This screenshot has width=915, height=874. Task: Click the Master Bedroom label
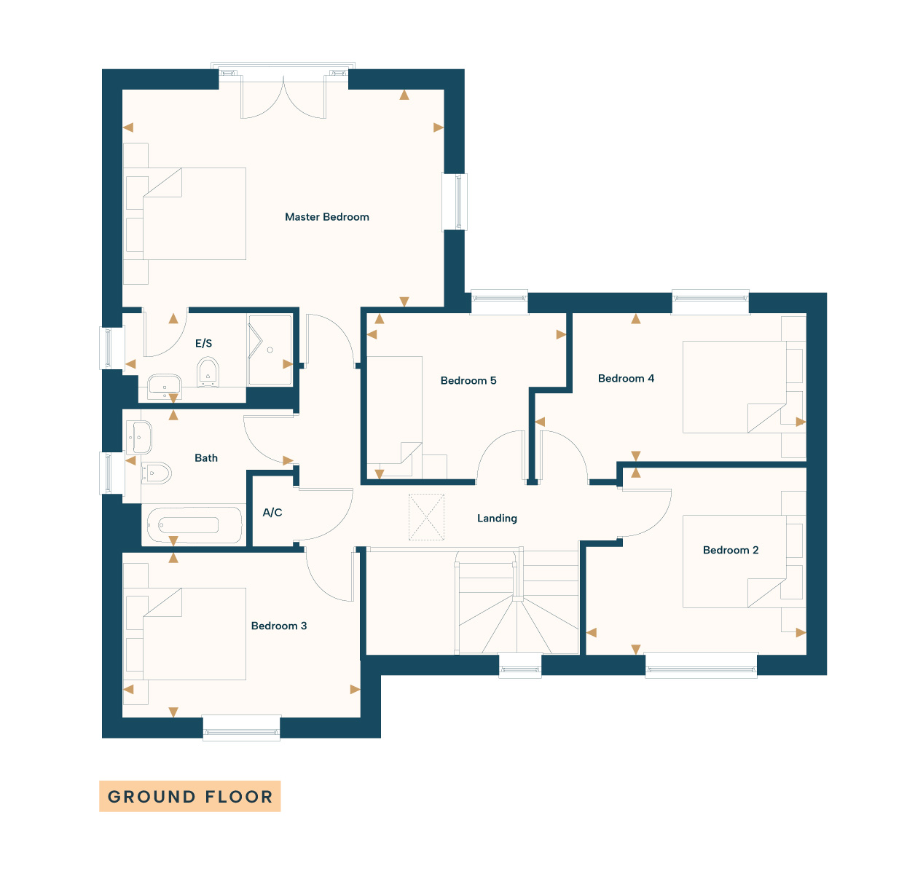327,217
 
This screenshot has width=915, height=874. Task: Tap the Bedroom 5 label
468,380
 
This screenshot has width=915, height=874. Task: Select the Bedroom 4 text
626,379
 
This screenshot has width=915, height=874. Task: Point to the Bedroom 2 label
731,550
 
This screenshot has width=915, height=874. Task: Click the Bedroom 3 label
279,626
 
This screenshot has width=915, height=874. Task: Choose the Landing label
497,519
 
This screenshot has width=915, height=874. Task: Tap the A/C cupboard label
272,512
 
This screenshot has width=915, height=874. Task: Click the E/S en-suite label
203,343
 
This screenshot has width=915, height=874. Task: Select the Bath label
206,458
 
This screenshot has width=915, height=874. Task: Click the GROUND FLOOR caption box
190,796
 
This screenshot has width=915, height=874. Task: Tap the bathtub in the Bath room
195,524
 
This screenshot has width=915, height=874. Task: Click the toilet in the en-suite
208,371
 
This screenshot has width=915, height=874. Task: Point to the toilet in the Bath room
156,473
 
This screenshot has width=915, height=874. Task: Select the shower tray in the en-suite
270,350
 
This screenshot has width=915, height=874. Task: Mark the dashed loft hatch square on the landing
426,516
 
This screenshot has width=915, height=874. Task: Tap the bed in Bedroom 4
734,387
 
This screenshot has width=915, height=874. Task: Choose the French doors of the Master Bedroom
283,96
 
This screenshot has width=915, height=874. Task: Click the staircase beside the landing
517,602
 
